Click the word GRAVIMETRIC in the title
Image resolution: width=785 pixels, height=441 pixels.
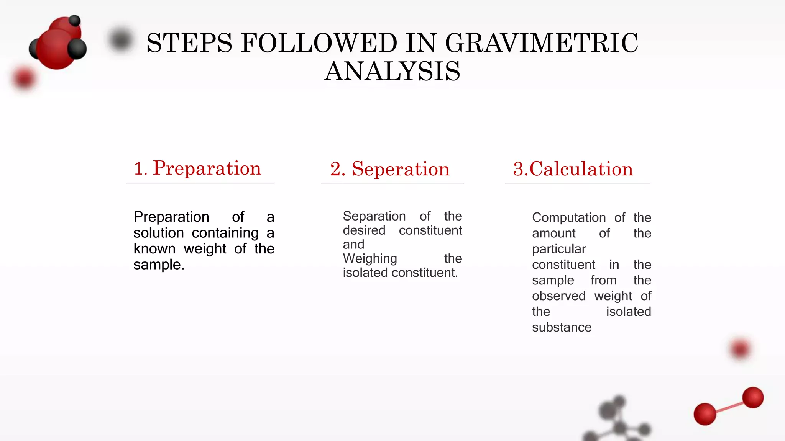pyautogui.click(x=541, y=43)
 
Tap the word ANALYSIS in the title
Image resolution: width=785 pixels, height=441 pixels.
pyautogui.click(x=392, y=72)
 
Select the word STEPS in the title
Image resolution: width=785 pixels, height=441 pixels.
pyautogui.click(x=189, y=43)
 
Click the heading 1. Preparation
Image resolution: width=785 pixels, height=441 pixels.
pyautogui.click(x=198, y=168)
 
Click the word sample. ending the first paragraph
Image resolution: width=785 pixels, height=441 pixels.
pyautogui.click(x=159, y=265)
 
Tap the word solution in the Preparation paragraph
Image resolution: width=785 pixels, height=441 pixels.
pyautogui.click(x=159, y=233)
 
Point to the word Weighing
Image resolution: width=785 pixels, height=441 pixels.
pyautogui.click(x=370, y=259)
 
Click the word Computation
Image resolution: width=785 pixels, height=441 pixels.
pyautogui.click(x=569, y=218)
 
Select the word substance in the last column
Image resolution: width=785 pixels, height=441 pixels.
pyautogui.click(x=562, y=328)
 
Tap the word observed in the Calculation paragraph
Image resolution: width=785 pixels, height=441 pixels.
pyautogui.click(x=558, y=296)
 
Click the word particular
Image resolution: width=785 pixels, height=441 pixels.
pyautogui.click(x=559, y=249)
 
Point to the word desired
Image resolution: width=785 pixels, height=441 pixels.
pyautogui.click(x=364, y=230)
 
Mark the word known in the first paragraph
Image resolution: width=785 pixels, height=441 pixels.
pyautogui.click(x=154, y=249)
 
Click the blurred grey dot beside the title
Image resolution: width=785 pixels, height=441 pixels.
pyautogui.click(x=121, y=39)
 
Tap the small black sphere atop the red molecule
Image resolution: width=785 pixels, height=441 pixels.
pyautogui.click(x=75, y=20)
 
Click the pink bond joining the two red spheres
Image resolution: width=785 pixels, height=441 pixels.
pyautogui.click(x=729, y=407)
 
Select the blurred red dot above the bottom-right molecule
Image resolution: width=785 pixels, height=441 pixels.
pyautogui.click(x=740, y=349)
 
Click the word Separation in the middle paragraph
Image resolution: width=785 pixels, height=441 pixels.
pyautogui.click(x=374, y=216)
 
